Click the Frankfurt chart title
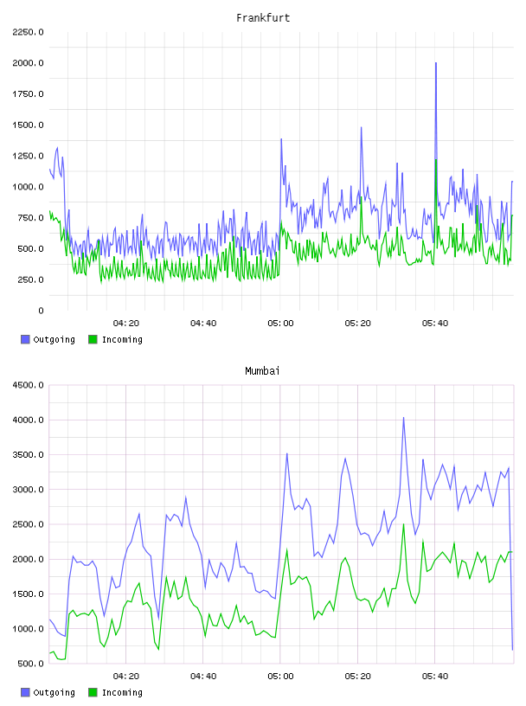coord(263,18)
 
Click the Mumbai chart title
coord(262,371)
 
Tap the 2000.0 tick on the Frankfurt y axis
coord(28,63)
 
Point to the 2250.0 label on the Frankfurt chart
coord(28,32)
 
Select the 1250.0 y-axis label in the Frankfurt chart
coord(28,157)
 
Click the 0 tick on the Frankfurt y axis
coord(41,311)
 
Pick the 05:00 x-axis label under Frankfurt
coord(280,324)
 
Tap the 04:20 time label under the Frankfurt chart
coord(126,324)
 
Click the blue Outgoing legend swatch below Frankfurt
coord(25,339)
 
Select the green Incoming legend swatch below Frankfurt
coord(93,339)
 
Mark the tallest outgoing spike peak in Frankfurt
coord(436,63)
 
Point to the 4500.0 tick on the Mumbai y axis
coord(28,385)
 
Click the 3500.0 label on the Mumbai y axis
coord(28,455)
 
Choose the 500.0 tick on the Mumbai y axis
coord(30,664)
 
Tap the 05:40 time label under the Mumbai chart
coord(435,677)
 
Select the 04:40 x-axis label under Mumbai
coord(203,677)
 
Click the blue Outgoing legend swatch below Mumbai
coord(25,692)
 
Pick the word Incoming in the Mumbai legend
coord(122,693)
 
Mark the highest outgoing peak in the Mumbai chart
coord(403,418)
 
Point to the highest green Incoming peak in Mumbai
coord(403,524)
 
